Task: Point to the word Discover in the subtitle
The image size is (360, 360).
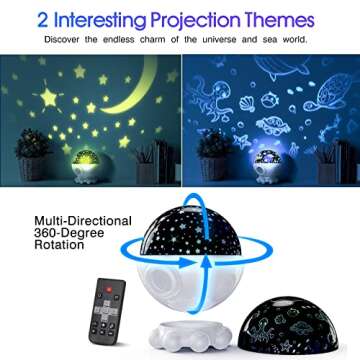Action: pos(84,41)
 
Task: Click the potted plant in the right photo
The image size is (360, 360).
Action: pos(211,150)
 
